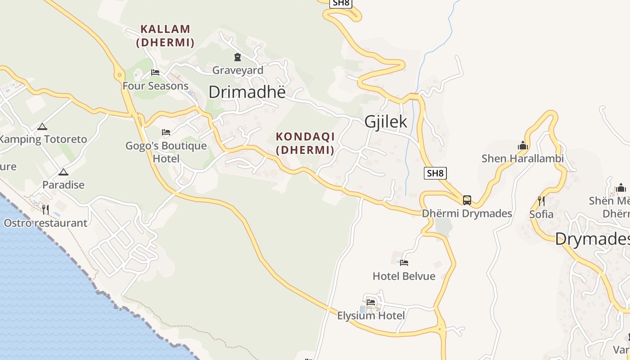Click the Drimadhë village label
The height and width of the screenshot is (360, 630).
click(247, 92)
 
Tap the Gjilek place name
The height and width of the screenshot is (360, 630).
click(386, 121)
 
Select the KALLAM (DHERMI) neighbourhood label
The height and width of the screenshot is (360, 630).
click(165, 36)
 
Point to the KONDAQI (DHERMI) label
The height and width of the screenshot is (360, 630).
click(305, 143)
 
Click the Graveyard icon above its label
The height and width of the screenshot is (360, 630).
click(237, 57)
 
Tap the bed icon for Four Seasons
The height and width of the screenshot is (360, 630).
click(155, 72)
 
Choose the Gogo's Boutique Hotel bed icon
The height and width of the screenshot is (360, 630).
click(166, 132)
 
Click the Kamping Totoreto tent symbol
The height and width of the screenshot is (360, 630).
click(42, 127)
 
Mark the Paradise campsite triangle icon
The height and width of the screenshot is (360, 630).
click(63, 172)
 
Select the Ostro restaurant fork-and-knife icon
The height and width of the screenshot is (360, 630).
click(45, 209)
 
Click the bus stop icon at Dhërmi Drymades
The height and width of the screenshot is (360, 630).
click(467, 200)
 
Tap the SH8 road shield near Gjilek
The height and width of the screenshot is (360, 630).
click(435, 173)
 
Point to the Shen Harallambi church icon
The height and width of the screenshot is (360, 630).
click(523, 145)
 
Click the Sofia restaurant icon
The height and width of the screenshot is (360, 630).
click(541, 201)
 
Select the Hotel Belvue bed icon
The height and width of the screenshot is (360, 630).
click(404, 263)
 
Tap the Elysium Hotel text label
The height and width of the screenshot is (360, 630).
click(371, 316)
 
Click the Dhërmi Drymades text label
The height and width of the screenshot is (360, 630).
click(467, 213)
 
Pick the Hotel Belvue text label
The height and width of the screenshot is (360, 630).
click(404, 276)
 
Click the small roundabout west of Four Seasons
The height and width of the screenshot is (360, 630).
click(119, 75)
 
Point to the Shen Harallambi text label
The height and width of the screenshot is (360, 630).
click(522, 158)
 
